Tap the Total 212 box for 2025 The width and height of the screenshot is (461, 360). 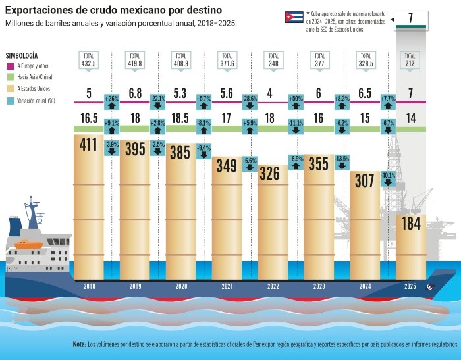(410, 60)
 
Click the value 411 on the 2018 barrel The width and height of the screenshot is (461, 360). (89, 145)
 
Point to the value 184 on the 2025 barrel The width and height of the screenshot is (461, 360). (410, 223)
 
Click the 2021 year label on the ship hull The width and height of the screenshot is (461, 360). (227, 286)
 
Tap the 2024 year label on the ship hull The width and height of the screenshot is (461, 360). (365, 286)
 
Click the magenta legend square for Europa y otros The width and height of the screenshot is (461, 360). (11, 66)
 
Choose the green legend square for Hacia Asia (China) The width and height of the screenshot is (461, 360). (11, 77)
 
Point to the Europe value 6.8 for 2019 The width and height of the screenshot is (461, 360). (134, 93)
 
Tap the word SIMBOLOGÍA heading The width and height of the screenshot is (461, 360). (21, 55)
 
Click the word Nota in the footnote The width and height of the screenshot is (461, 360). (79, 344)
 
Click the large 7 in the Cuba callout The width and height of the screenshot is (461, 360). (410, 18)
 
